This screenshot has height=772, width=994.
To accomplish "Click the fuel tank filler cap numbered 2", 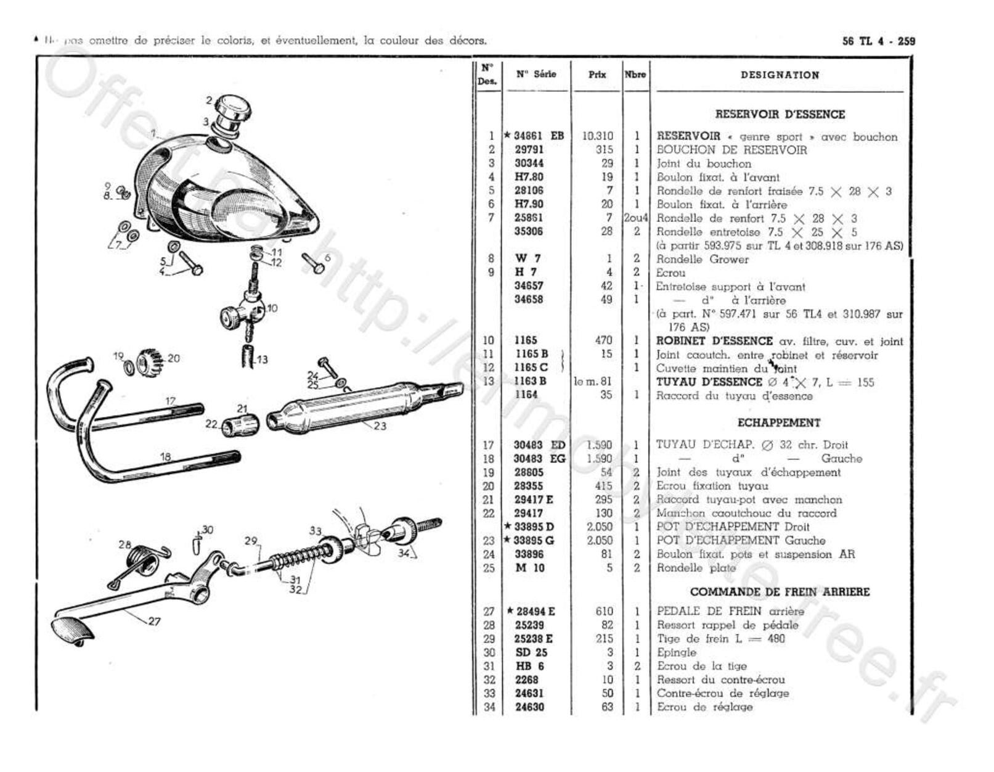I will [234, 109].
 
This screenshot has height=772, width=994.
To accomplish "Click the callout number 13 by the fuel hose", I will [263, 359].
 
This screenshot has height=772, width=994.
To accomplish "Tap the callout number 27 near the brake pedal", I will [154, 621].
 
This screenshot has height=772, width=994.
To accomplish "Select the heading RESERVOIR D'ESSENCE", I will [780, 114].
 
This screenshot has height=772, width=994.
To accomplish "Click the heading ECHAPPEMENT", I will [779, 423].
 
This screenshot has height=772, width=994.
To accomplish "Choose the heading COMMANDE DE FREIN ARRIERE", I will [780, 592].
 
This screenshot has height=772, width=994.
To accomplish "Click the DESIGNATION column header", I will [780, 75].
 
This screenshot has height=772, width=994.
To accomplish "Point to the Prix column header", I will [597, 75].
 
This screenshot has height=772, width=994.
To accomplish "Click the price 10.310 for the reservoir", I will [597, 136].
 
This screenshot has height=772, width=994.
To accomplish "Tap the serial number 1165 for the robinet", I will [526, 340].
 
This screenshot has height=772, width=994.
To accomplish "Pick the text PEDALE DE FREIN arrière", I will [730, 612].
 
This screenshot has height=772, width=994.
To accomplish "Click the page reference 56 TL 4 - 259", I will [878, 41].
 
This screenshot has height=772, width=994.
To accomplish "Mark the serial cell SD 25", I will [531, 652].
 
